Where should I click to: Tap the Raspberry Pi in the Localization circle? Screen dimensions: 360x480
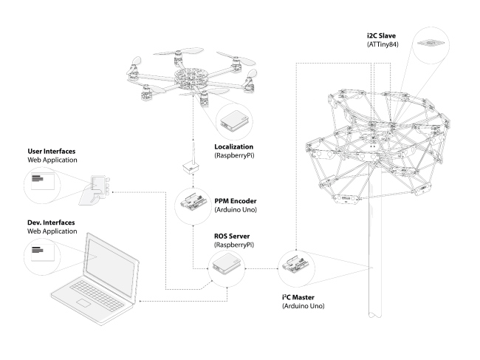click(x=235, y=120)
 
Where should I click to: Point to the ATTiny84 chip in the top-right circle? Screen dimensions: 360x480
click(x=429, y=44)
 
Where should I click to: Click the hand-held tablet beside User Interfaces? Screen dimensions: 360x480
click(x=98, y=187)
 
